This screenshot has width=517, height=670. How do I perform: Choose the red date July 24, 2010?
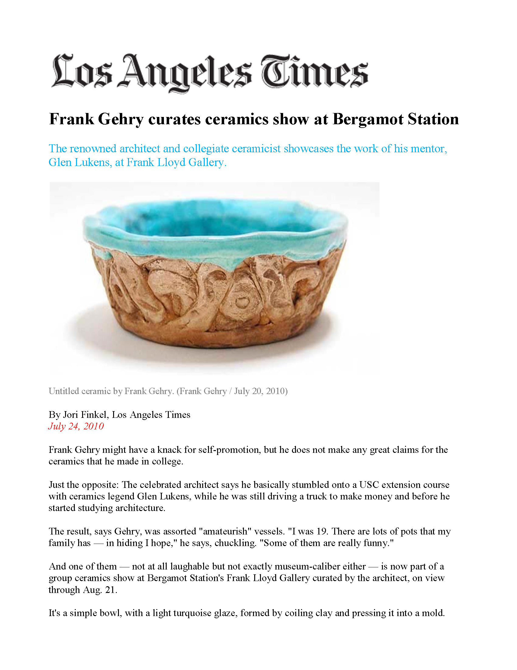76,426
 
